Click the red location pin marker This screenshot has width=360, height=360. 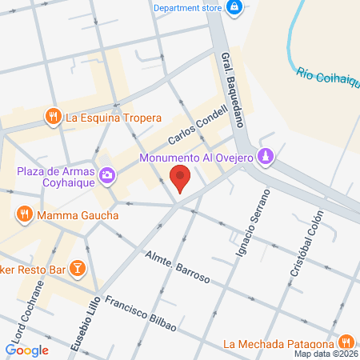(x=181, y=178)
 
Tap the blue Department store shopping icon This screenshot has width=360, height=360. (x=234, y=8)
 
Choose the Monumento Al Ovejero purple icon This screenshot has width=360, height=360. (x=267, y=157)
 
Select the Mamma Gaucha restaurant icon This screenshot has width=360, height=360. (x=25, y=214)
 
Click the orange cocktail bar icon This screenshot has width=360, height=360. (x=78, y=267)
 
